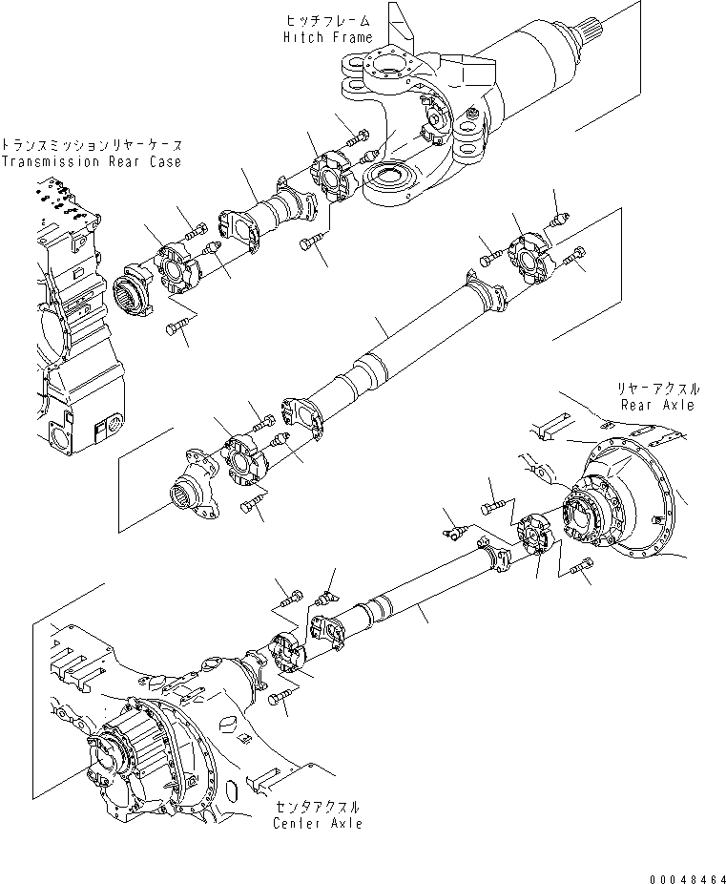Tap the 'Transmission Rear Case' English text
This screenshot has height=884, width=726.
[x=91, y=161]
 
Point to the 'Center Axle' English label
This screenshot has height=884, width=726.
[x=317, y=823]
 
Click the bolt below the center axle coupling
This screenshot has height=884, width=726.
[x=280, y=701]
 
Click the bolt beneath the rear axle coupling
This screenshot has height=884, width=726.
[x=578, y=570]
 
